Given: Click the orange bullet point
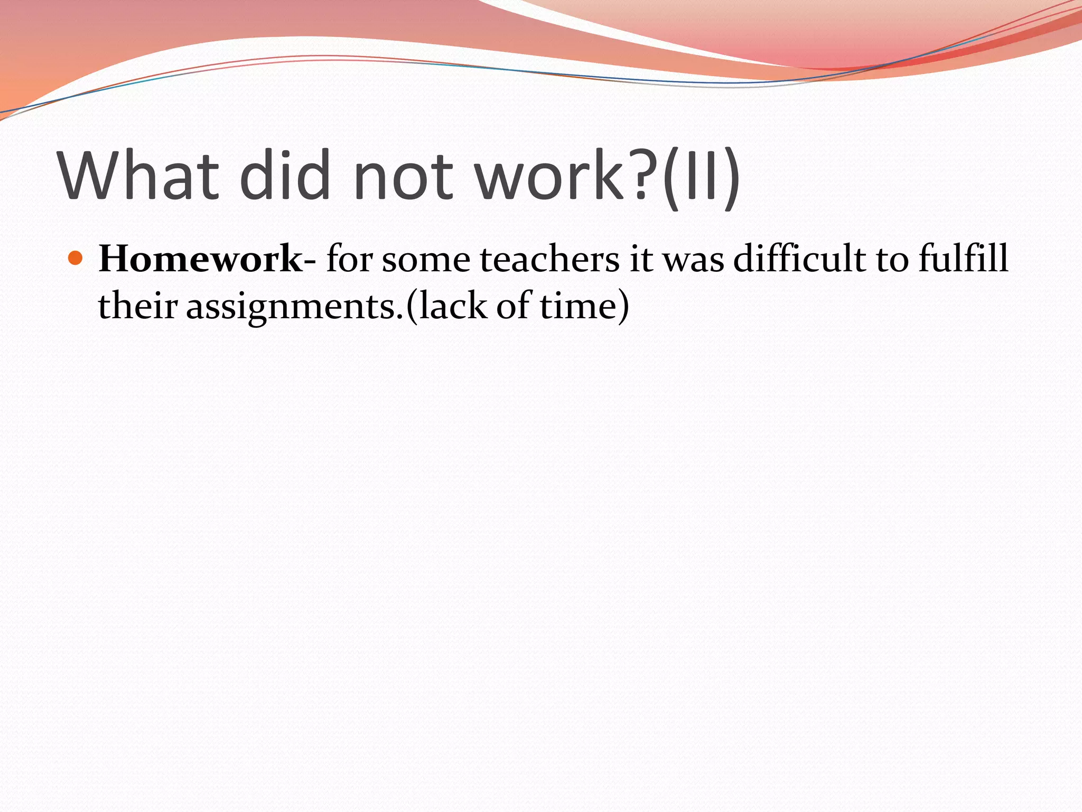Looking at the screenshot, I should [76, 259].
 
